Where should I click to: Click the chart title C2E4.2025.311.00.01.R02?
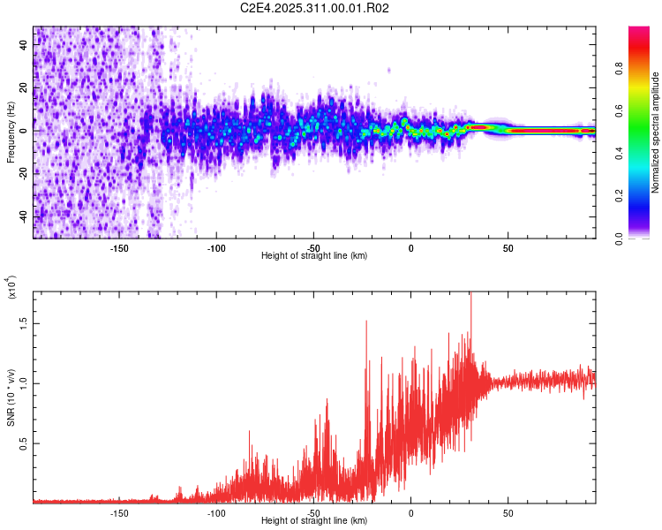(315, 8)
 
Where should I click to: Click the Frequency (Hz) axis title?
(11, 132)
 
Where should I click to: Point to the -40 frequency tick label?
(22, 216)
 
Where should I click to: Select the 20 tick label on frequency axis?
(24, 87)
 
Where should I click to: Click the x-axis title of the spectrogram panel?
(314, 255)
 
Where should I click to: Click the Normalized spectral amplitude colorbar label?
(656, 132)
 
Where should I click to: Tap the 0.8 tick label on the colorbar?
(644, 68)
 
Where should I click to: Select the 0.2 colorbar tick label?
(644, 196)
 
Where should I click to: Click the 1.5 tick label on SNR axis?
(24, 323)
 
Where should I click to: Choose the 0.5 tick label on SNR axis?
(24, 443)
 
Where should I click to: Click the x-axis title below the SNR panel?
(314, 520)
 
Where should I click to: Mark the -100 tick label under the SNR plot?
(216, 511)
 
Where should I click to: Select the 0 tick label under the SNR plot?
(410, 511)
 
